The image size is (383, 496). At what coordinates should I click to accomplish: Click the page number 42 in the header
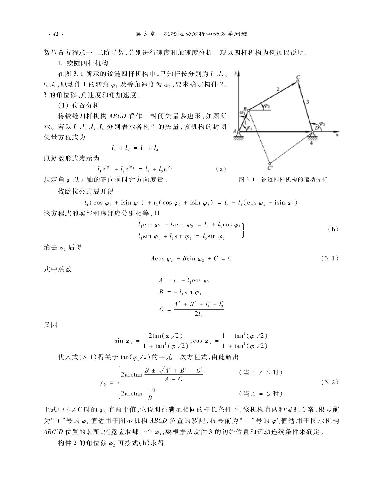[55, 34]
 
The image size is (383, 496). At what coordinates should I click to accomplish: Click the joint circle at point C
[298, 81]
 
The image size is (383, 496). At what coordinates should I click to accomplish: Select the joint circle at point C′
[269, 163]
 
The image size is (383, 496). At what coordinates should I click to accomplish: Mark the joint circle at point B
[249, 110]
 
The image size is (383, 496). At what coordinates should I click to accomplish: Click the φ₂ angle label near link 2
[267, 105]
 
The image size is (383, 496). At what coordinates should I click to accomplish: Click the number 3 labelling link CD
[308, 102]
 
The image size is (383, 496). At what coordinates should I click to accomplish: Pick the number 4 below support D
[312, 144]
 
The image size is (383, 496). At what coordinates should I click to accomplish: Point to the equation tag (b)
[333, 229]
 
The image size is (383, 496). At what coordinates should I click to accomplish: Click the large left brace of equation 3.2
[118, 382]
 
